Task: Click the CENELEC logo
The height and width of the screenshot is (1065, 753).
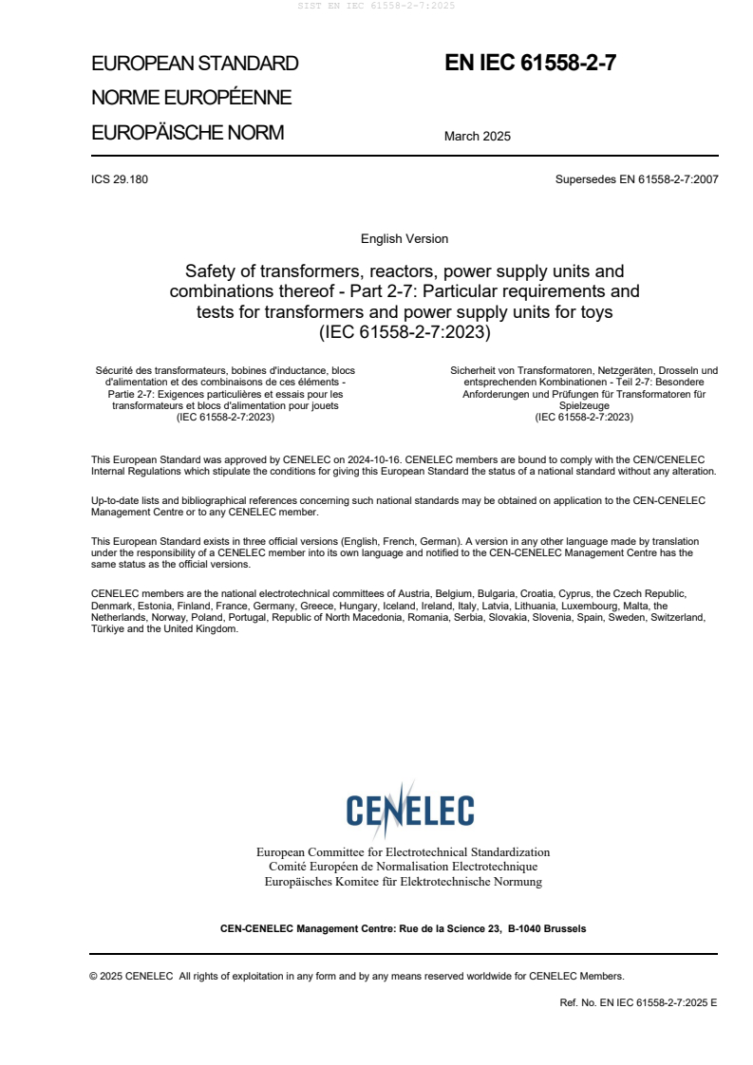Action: click(x=409, y=810)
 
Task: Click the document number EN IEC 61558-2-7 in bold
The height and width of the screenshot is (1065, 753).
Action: click(x=531, y=64)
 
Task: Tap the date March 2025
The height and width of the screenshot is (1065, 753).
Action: click(x=477, y=136)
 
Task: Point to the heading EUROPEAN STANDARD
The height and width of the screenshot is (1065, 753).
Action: click(x=195, y=64)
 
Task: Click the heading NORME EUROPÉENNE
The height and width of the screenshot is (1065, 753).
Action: click(x=191, y=98)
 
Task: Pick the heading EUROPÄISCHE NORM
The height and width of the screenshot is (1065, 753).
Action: click(x=187, y=133)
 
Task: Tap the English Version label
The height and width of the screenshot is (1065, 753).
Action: click(x=405, y=238)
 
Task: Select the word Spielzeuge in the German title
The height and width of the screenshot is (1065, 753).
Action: click(x=584, y=404)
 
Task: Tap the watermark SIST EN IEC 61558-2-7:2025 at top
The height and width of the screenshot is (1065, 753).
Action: click(x=376, y=6)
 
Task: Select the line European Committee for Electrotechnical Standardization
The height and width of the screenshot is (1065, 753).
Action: click(x=404, y=852)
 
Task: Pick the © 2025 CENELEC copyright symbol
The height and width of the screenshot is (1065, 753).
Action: click(x=94, y=976)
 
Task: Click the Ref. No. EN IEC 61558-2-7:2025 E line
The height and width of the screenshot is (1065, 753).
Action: click(x=638, y=1001)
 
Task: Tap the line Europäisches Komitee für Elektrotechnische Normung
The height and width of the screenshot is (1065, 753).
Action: click(x=404, y=882)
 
